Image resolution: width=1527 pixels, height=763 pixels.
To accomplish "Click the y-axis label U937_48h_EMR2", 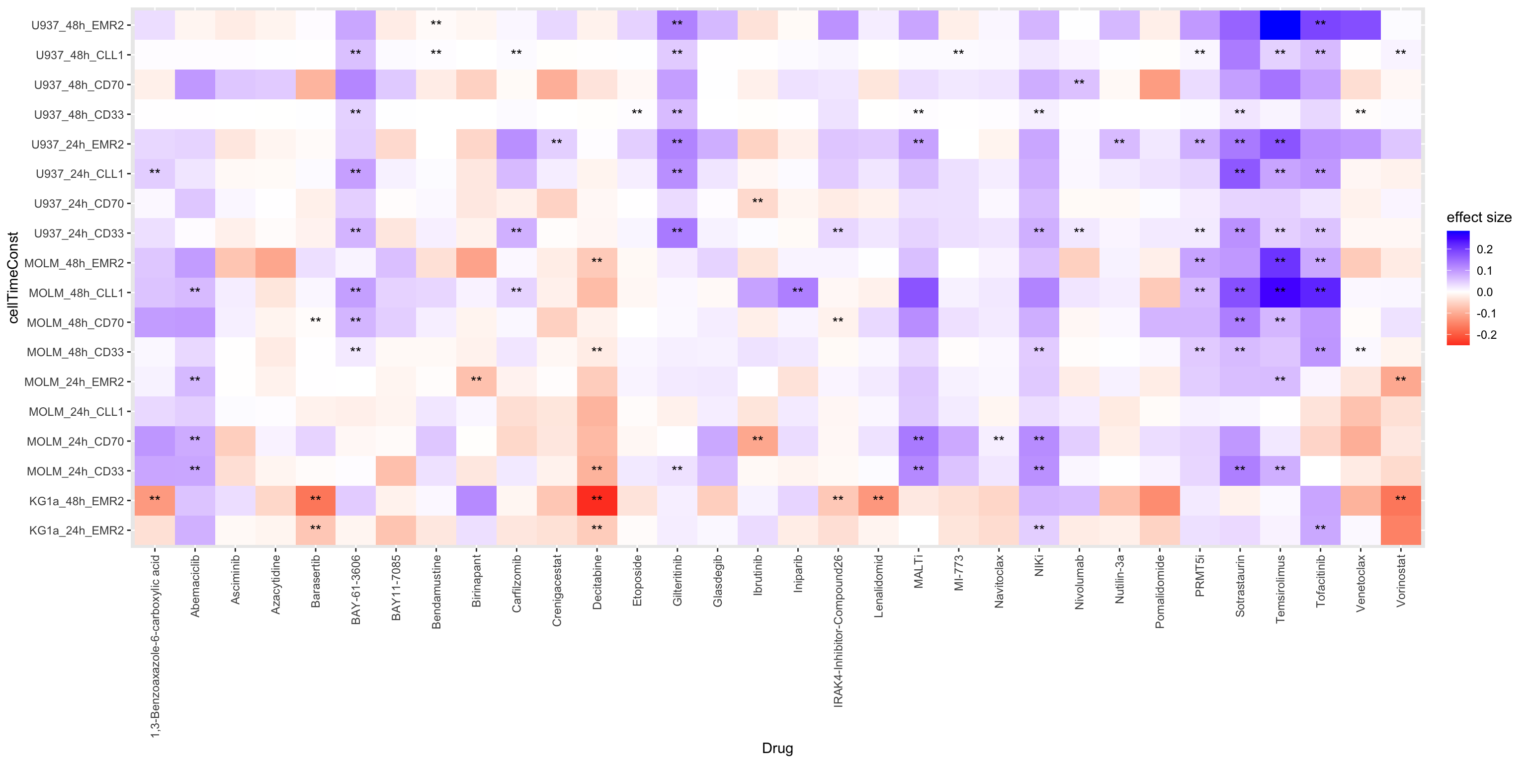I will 77,25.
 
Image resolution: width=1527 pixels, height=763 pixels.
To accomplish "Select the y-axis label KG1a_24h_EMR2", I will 76,530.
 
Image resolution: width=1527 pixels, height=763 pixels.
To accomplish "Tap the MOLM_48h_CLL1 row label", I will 76,293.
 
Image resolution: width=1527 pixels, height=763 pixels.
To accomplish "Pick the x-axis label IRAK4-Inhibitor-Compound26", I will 838,631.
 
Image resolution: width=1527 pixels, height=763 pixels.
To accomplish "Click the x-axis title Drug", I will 777,748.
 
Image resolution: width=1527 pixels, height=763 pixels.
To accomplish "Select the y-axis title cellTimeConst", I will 13,277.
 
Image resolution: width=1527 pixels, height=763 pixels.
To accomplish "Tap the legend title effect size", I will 1478,218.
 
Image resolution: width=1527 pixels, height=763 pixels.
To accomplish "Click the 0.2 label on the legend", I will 1484,249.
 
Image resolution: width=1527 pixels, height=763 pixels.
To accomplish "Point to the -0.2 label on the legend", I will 1486,335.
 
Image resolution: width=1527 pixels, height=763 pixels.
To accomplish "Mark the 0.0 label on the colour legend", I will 1484,292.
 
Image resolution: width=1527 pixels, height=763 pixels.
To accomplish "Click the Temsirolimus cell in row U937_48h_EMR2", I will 1280,25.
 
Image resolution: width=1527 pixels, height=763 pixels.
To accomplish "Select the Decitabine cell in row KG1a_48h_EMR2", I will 597,501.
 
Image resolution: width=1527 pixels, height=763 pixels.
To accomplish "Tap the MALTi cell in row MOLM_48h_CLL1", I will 918,293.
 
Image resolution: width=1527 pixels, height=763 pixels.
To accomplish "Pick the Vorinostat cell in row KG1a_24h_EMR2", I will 1401,530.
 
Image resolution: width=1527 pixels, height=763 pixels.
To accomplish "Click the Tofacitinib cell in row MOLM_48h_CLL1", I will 1320,293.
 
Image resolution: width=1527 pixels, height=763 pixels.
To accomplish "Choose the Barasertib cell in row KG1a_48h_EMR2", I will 315,501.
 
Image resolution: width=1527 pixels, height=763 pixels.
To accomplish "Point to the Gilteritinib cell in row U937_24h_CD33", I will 677,233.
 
